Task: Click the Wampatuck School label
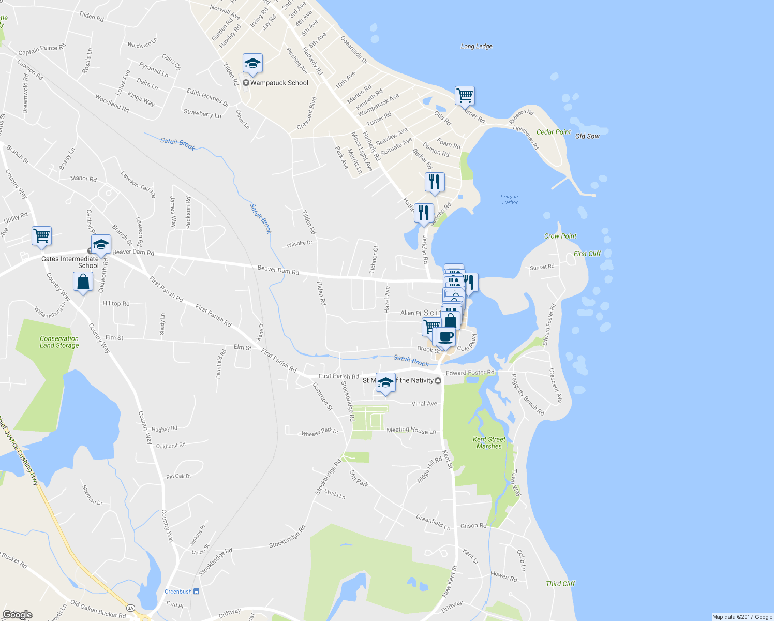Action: point(279,83)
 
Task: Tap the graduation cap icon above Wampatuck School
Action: point(252,64)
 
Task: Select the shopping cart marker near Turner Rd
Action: point(465,95)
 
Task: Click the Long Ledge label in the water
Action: point(477,46)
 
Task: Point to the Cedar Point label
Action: point(554,132)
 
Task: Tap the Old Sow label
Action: point(587,136)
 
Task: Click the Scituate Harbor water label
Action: point(510,199)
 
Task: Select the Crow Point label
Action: point(560,236)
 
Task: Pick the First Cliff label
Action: point(587,254)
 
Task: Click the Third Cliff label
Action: point(560,584)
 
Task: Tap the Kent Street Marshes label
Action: point(489,442)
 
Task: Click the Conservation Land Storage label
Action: point(59,342)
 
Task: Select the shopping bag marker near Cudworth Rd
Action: point(83,283)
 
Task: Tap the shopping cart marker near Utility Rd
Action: point(41,236)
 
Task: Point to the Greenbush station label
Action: point(178,592)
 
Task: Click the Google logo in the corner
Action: point(17,614)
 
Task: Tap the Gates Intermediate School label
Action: point(70,262)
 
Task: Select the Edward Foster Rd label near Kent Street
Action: point(470,373)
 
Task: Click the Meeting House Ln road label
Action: point(411,430)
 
